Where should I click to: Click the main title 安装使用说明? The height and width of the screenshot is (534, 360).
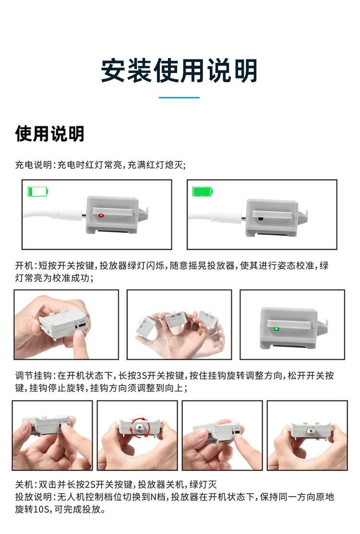(x=179, y=71)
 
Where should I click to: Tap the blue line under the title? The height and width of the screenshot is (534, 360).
(x=179, y=97)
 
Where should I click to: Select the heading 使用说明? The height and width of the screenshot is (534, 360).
(x=50, y=133)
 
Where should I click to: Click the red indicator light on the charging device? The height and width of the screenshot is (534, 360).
(x=101, y=215)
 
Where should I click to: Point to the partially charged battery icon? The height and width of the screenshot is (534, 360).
(x=38, y=191)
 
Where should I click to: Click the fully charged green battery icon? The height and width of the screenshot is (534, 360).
(x=203, y=191)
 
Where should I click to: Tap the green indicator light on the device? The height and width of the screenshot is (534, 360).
(x=276, y=329)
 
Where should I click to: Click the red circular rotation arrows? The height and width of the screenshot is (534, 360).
(x=139, y=427)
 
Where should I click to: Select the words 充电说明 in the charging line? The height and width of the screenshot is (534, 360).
(x=34, y=165)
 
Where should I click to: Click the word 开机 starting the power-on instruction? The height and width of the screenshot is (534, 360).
(x=24, y=266)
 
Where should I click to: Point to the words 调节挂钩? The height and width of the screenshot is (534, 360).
(x=34, y=376)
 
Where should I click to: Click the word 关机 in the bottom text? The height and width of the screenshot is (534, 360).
(x=24, y=484)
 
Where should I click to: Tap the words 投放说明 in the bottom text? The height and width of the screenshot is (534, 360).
(x=34, y=497)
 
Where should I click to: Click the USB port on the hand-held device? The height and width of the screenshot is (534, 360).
(x=82, y=326)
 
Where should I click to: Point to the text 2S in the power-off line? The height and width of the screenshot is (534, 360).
(x=90, y=484)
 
